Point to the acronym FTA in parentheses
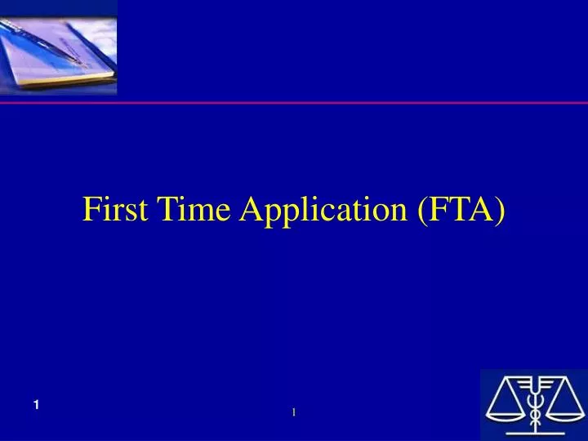461,210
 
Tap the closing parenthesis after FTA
500,212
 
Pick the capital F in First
90,210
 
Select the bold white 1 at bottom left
38,406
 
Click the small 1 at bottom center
293,412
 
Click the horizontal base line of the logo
535,433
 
